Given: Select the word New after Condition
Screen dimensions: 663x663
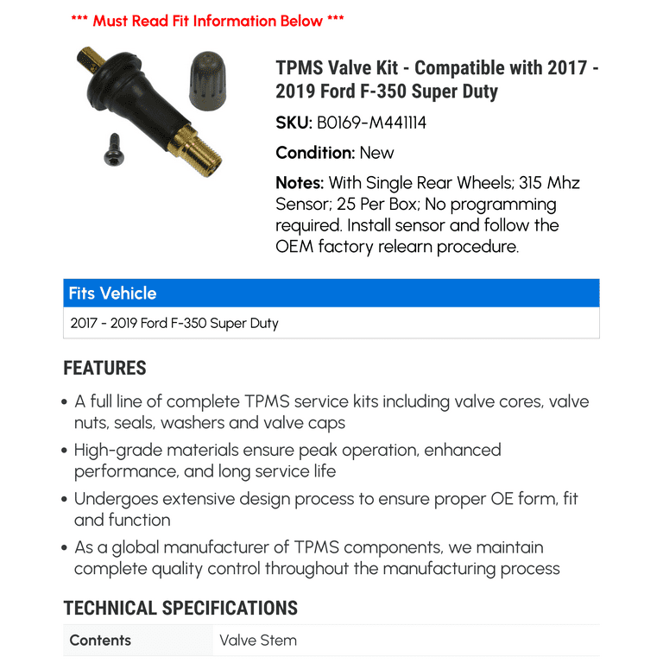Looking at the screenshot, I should (376, 153).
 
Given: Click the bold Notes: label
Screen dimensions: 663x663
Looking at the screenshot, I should (300, 183).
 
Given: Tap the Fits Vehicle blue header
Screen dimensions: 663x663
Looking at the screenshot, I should (113, 294).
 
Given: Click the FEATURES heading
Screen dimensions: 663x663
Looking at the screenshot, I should (104, 368).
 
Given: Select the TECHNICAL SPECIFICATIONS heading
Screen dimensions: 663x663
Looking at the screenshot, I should (180, 608).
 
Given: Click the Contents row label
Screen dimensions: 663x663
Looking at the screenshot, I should (100, 641).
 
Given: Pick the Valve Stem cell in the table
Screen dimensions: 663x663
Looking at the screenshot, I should (258, 641).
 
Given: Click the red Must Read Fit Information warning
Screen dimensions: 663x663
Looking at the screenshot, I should (207, 20).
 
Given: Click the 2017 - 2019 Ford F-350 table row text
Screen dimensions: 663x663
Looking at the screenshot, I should (174, 324).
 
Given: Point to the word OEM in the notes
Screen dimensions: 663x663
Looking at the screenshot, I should (295, 246).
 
